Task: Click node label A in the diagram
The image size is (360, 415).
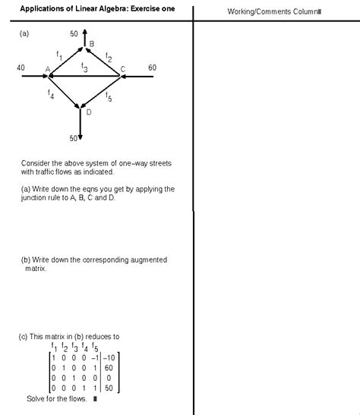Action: pyautogui.click(x=47, y=70)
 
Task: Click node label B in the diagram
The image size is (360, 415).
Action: pyautogui.click(x=91, y=44)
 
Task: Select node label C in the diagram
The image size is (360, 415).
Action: pyautogui.click(x=122, y=70)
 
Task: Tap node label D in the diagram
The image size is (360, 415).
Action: pyautogui.click(x=89, y=112)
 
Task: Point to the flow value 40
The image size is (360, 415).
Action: pyautogui.click(x=21, y=68)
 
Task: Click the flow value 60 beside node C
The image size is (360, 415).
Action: pyautogui.click(x=152, y=68)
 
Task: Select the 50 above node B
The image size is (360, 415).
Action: pyautogui.click(x=74, y=34)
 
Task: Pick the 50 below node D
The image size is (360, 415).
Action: pyautogui.click(x=74, y=138)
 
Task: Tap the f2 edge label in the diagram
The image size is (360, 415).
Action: pyautogui.click(x=109, y=57)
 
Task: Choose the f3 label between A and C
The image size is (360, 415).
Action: pyautogui.click(x=84, y=68)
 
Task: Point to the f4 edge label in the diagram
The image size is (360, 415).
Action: pyautogui.click(x=51, y=96)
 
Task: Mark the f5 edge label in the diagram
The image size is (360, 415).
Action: pyautogui.click(x=109, y=97)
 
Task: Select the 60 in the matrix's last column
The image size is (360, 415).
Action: pyautogui.click(x=110, y=367)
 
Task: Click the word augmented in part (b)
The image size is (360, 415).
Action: pyautogui.click(x=146, y=260)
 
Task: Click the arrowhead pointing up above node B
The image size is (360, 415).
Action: pyautogui.click(x=84, y=33)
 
